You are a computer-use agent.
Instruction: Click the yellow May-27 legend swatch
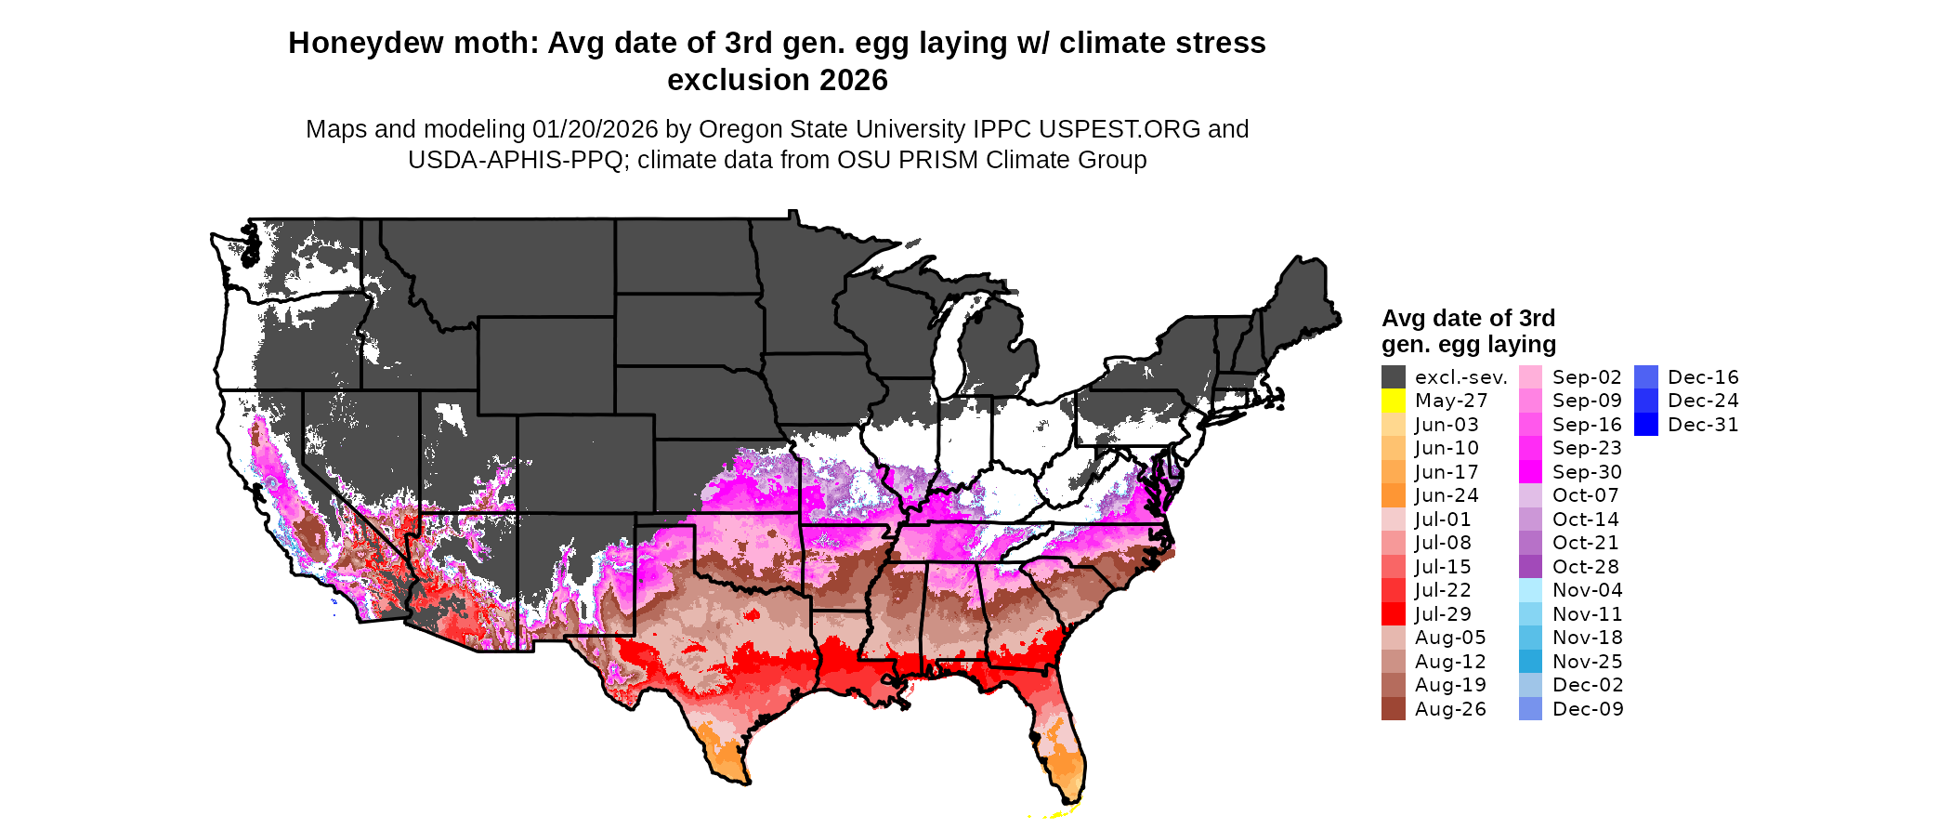tap(1393, 401)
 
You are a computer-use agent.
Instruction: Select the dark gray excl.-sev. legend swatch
tap(1393, 377)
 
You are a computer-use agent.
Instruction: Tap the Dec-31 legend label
tap(1703, 425)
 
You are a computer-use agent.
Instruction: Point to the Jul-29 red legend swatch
tap(1393, 614)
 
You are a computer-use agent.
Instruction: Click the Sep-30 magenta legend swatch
tap(1530, 472)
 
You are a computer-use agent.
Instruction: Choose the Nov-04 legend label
tap(1587, 590)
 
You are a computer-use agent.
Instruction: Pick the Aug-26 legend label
tap(1450, 709)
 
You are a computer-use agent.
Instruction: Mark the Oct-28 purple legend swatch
tap(1530, 567)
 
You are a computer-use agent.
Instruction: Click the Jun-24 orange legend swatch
tap(1393, 495)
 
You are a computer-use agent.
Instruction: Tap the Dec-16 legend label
tap(1703, 377)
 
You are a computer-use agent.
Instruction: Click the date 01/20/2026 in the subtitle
tap(595, 129)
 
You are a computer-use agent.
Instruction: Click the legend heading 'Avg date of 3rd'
tap(1468, 318)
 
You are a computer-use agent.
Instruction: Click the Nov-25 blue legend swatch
tap(1530, 662)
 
